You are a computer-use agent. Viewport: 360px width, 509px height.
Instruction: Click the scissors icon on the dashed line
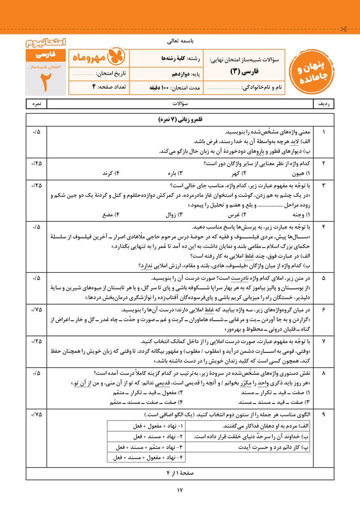pyautogui.click(x=343, y=30)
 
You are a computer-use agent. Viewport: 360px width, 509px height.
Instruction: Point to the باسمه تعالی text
pyautogui.click(x=180, y=41)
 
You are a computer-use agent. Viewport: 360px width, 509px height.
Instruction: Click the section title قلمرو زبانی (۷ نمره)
pyautogui.click(x=180, y=120)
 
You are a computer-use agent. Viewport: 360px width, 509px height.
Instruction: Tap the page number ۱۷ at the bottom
pyautogui.click(x=180, y=491)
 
